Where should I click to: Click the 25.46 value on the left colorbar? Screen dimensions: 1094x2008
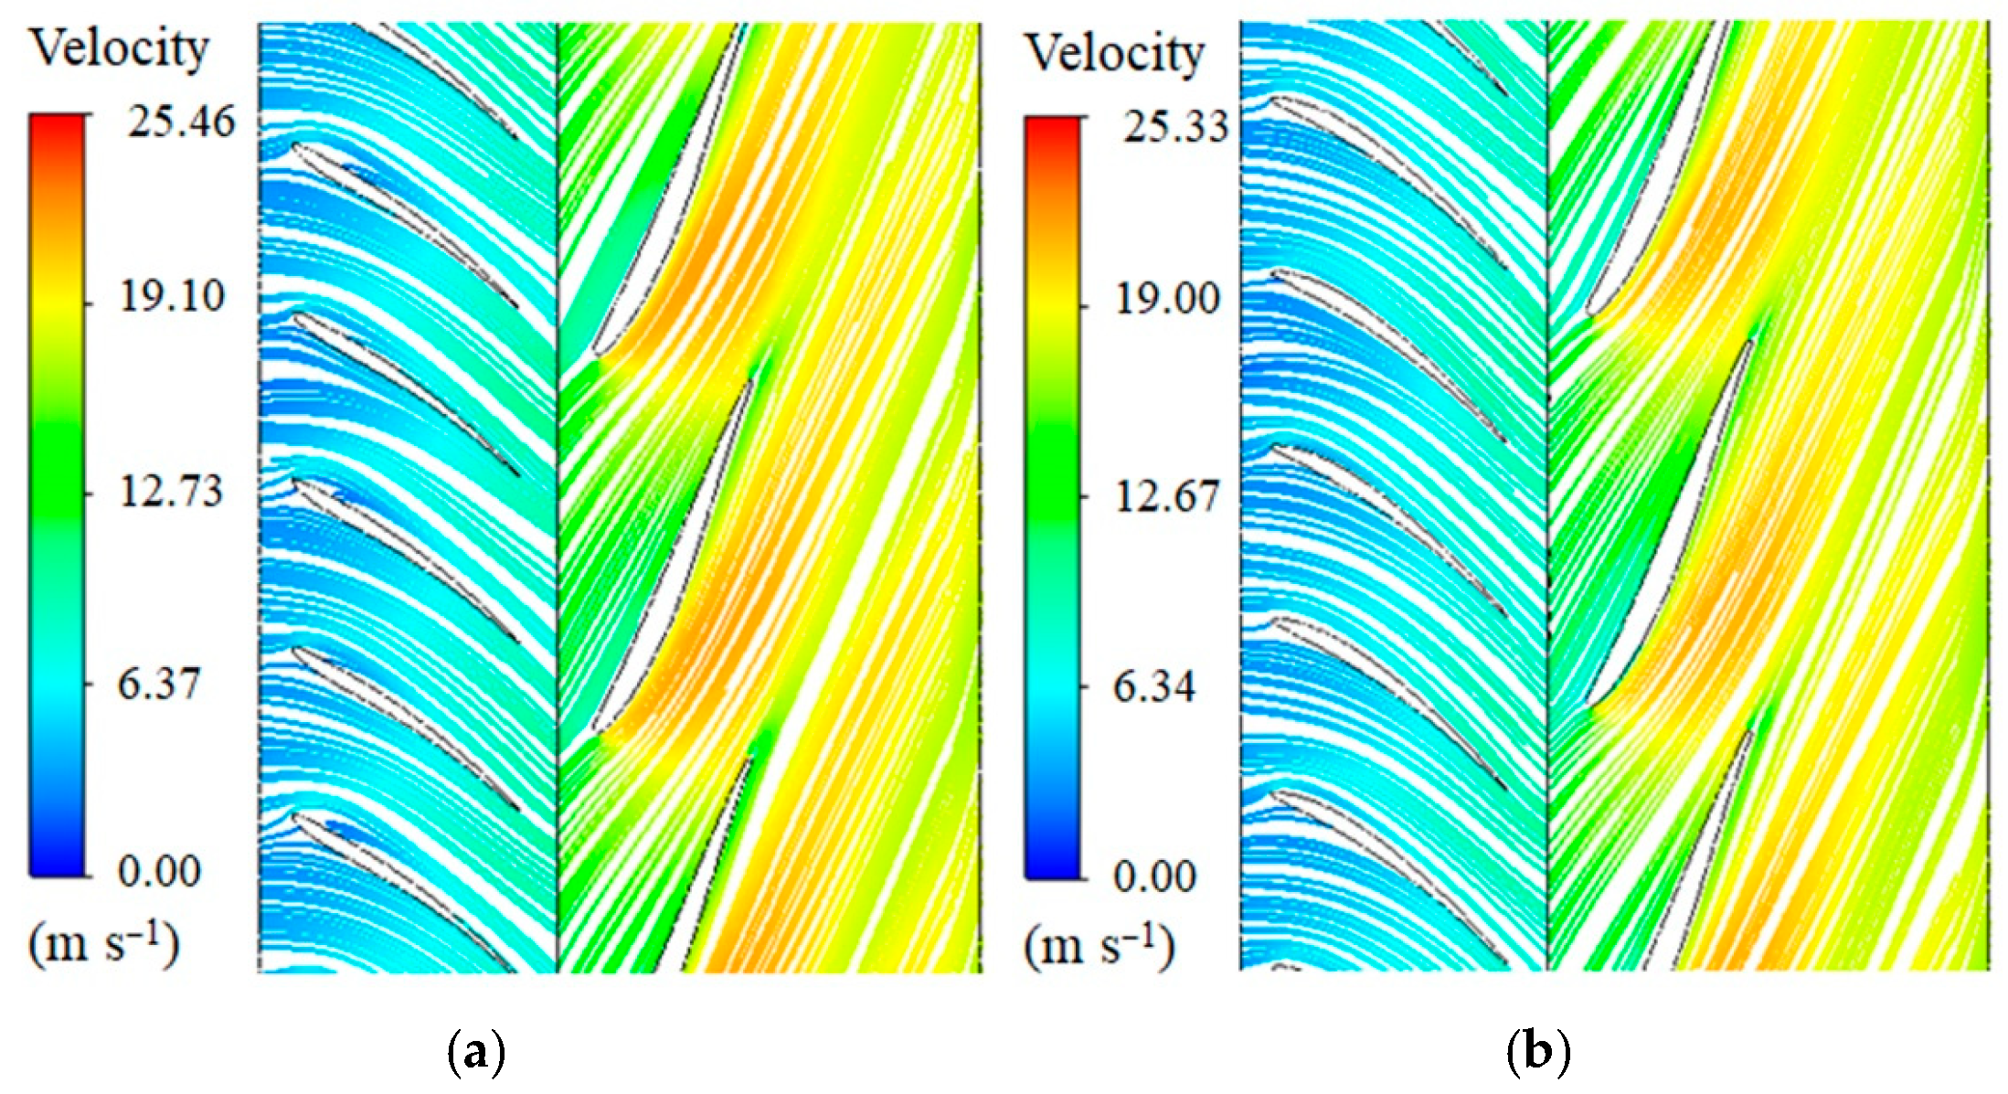click(181, 122)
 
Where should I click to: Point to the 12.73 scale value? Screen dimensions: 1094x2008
click(171, 491)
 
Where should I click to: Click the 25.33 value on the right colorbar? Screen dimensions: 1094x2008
click(1175, 126)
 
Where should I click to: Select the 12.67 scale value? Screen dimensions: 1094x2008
click(1167, 496)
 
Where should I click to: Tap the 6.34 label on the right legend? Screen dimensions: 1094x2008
click(1153, 688)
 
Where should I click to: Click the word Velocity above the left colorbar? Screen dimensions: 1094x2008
click(120, 48)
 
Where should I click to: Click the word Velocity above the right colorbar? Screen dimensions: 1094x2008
click(1115, 53)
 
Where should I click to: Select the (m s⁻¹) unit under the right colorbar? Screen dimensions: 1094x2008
click(1099, 948)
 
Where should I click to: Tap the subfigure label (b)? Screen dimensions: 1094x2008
click(1538, 1053)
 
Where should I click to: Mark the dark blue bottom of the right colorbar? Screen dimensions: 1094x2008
click(1052, 868)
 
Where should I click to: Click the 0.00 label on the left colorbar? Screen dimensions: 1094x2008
click(159, 871)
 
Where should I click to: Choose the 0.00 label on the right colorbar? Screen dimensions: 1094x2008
click(1154, 876)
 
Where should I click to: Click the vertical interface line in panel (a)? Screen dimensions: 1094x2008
click(558, 494)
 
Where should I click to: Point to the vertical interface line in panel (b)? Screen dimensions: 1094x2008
click(1547, 494)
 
